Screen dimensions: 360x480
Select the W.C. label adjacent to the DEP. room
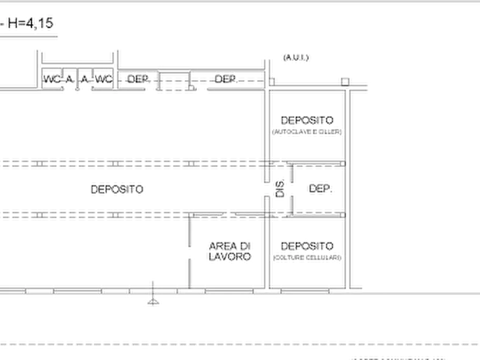[104, 79]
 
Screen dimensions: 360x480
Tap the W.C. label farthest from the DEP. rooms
[51, 79]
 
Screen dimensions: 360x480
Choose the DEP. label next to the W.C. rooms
[137, 79]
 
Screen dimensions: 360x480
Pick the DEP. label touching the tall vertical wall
[226, 79]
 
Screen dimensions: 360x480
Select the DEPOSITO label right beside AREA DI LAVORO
[307, 251]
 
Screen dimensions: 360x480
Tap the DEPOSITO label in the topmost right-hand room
[307, 125]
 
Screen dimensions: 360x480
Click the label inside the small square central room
[319, 189]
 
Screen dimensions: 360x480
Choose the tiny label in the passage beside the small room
[278, 188]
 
